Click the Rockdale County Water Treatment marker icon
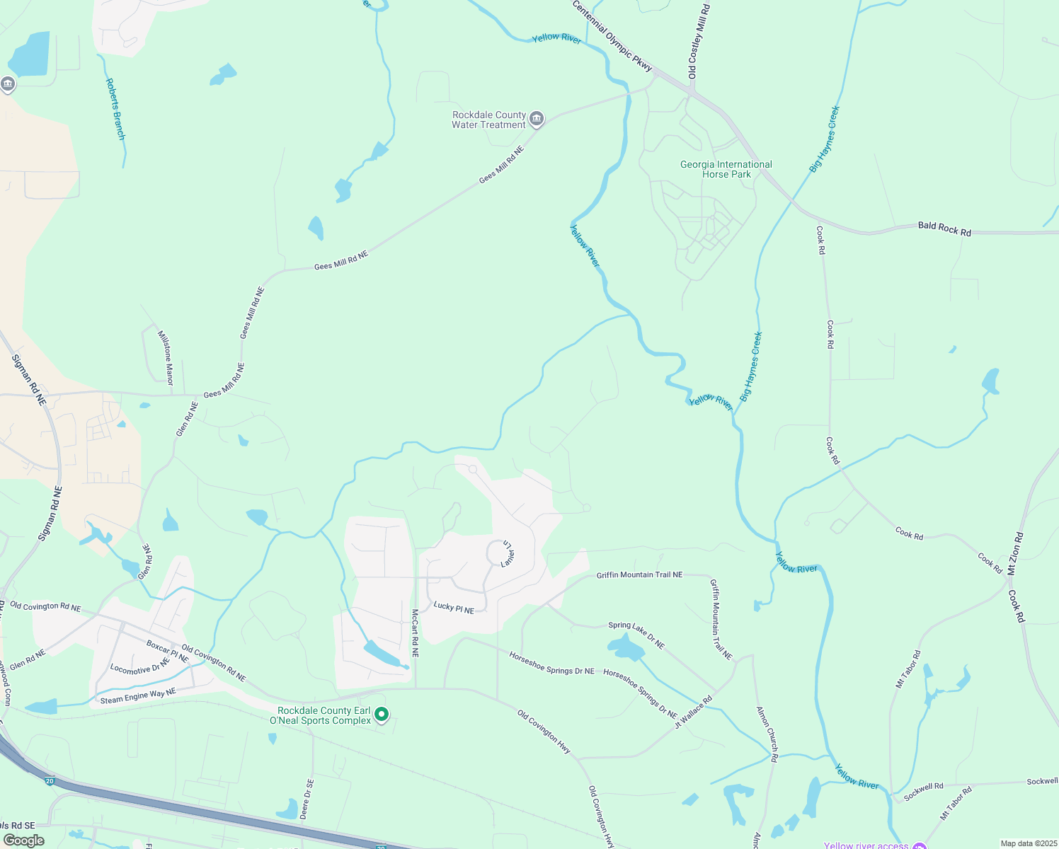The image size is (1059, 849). click(x=537, y=118)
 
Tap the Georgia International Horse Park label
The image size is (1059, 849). click(x=726, y=169)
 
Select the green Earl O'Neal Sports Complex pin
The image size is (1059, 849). click(x=382, y=715)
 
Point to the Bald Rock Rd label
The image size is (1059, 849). click(x=944, y=228)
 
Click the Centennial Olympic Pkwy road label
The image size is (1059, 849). click(x=612, y=35)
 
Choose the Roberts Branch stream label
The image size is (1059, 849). click(x=115, y=109)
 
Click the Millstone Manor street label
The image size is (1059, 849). click(x=165, y=357)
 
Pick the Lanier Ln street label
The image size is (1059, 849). click(x=508, y=554)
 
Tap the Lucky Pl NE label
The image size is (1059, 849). click(x=454, y=607)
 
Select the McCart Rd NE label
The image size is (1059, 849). click(x=415, y=633)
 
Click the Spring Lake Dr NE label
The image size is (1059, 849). click(x=636, y=635)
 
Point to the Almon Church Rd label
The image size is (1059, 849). click(x=767, y=734)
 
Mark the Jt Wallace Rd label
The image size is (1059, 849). click(x=693, y=712)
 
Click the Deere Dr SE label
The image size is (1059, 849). click(x=307, y=799)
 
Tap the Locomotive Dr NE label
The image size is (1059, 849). click(x=139, y=666)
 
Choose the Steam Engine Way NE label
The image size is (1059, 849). click(x=137, y=696)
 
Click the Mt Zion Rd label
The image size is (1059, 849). click(x=1015, y=553)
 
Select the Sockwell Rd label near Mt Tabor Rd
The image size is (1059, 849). click(x=923, y=790)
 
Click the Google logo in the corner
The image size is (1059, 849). click(x=23, y=840)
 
